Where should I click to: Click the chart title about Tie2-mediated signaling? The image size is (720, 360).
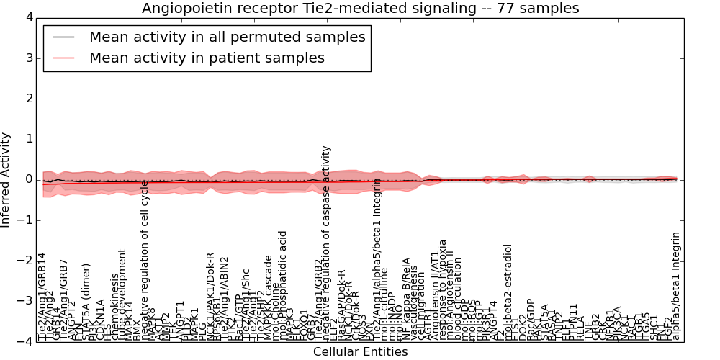coord(360,8)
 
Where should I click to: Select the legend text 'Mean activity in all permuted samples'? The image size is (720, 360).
coord(227,37)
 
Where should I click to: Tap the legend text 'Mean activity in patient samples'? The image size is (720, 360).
coord(207,58)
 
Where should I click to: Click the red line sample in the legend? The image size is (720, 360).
coord(63,58)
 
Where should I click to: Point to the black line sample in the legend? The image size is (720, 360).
coord(63,37)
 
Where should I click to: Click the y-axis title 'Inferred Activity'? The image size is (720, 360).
coord(6,180)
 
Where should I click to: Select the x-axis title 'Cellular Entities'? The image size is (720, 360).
coord(360,352)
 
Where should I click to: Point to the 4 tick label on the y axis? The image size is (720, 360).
coord(28,17)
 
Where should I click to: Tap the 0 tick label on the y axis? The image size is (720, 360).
coord(28,180)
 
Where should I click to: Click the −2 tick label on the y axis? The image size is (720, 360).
coord(24,261)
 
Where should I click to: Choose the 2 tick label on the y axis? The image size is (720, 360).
coord(28,99)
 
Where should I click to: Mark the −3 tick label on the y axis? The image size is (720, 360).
coord(24,302)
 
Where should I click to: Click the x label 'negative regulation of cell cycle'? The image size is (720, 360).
coord(144,259)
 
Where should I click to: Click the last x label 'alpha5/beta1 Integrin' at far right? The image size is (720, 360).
coord(675,287)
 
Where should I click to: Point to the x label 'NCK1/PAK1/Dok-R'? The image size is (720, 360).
coord(210,295)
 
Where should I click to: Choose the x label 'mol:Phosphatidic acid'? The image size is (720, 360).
coord(283,284)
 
